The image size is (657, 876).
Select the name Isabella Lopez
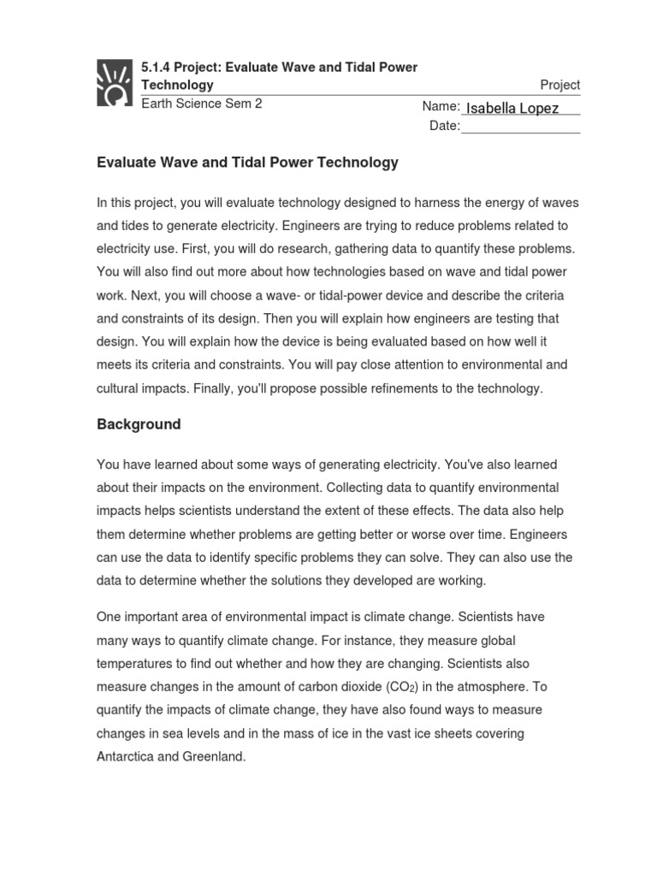click(512, 108)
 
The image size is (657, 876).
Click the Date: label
click(445, 127)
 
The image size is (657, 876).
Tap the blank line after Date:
click(520, 127)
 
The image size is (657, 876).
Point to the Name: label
click(441, 107)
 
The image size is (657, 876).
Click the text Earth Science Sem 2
click(201, 104)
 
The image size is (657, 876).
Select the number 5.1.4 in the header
click(157, 67)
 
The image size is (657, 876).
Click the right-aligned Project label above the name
click(559, 85)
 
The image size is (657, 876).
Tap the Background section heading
click(139, 424)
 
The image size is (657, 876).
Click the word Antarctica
click(129, 756)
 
